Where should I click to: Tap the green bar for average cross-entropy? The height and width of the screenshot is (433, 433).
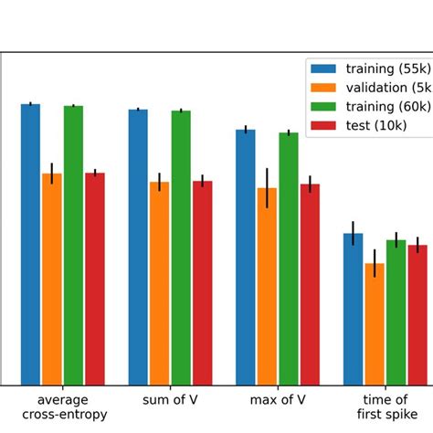pyautogui.click(x=73, y=246)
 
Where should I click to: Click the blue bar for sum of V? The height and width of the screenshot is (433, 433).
pyautogui.click(x=138, y=248)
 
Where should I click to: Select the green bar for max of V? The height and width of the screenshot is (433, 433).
pyautogui.click(x=289, y=259)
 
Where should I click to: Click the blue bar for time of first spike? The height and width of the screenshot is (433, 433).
pyautogui.click(x=353, y=310)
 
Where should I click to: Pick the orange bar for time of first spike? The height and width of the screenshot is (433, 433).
pyautogui.click(x=375, y=324)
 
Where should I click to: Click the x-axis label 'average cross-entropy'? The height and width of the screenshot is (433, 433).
pyautogui.click(x=63, y=407)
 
